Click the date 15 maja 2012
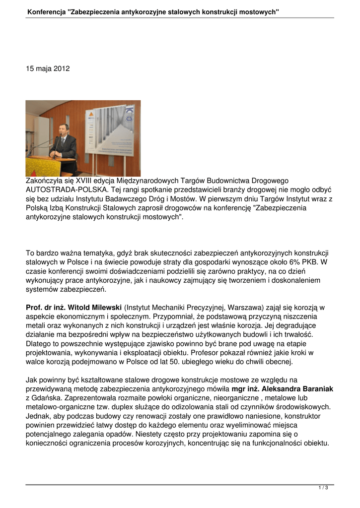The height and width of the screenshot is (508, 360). pyautogui.click(x=48, y=68)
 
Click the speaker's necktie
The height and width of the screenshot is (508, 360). pyautogui.click(x=63, y=142)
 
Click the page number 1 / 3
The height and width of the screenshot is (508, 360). pyautogui.click(x=323, y=488)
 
